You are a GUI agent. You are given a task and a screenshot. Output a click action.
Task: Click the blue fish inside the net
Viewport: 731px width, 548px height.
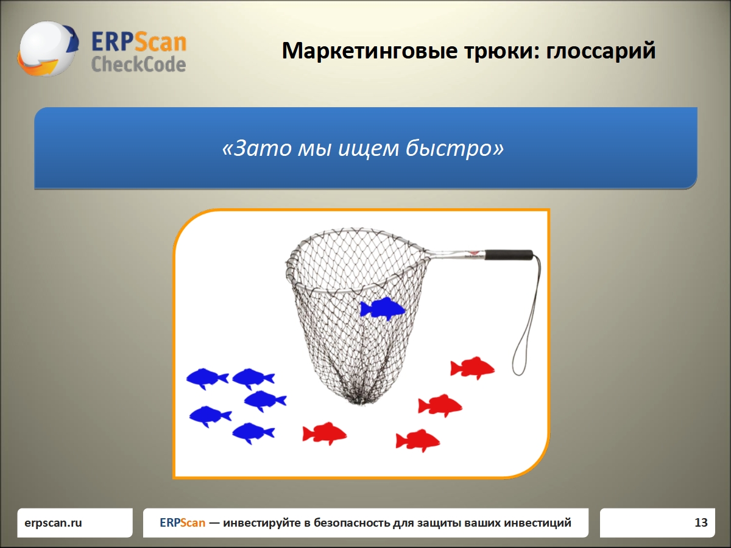383,309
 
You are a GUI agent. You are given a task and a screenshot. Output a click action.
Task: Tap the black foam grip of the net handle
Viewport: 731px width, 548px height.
509,255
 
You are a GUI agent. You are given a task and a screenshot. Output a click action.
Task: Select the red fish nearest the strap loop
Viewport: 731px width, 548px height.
472,368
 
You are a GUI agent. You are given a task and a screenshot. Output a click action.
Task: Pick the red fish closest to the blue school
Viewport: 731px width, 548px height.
324,434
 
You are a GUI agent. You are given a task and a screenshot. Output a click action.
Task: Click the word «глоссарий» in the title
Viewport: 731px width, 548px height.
601,51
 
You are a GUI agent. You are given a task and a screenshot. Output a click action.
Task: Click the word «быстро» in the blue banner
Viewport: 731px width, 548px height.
454,148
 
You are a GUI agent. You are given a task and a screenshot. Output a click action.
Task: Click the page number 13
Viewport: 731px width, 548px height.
701,522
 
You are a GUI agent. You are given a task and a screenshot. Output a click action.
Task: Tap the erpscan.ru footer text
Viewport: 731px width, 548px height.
53,522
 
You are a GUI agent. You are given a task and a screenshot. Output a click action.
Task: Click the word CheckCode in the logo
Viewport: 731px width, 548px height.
138,64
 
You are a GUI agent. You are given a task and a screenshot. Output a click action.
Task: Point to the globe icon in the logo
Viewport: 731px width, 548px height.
48,49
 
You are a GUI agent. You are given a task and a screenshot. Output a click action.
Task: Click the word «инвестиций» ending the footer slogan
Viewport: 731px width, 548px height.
537,522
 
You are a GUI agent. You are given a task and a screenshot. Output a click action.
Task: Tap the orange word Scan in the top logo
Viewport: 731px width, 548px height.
161,42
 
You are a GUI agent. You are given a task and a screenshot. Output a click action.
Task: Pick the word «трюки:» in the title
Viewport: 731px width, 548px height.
501,51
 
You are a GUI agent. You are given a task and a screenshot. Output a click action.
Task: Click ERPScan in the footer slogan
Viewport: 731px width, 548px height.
183,522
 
